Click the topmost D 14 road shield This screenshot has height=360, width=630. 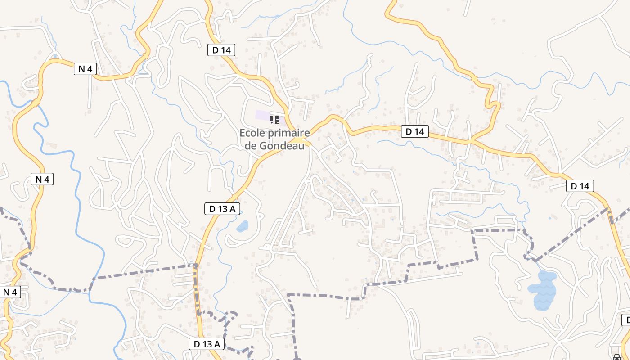221,50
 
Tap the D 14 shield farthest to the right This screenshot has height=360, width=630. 580,185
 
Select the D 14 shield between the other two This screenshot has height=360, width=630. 415,131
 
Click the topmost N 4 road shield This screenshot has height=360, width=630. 85,69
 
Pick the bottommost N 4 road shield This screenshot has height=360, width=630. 10,292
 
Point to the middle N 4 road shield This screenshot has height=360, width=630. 42,179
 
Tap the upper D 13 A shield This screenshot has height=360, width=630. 222,208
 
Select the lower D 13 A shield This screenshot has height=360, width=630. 207,344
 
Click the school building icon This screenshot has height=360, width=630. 274,119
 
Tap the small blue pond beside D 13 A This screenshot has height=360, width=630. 242,226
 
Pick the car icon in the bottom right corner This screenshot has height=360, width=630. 616,357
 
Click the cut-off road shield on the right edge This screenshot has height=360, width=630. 626,320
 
